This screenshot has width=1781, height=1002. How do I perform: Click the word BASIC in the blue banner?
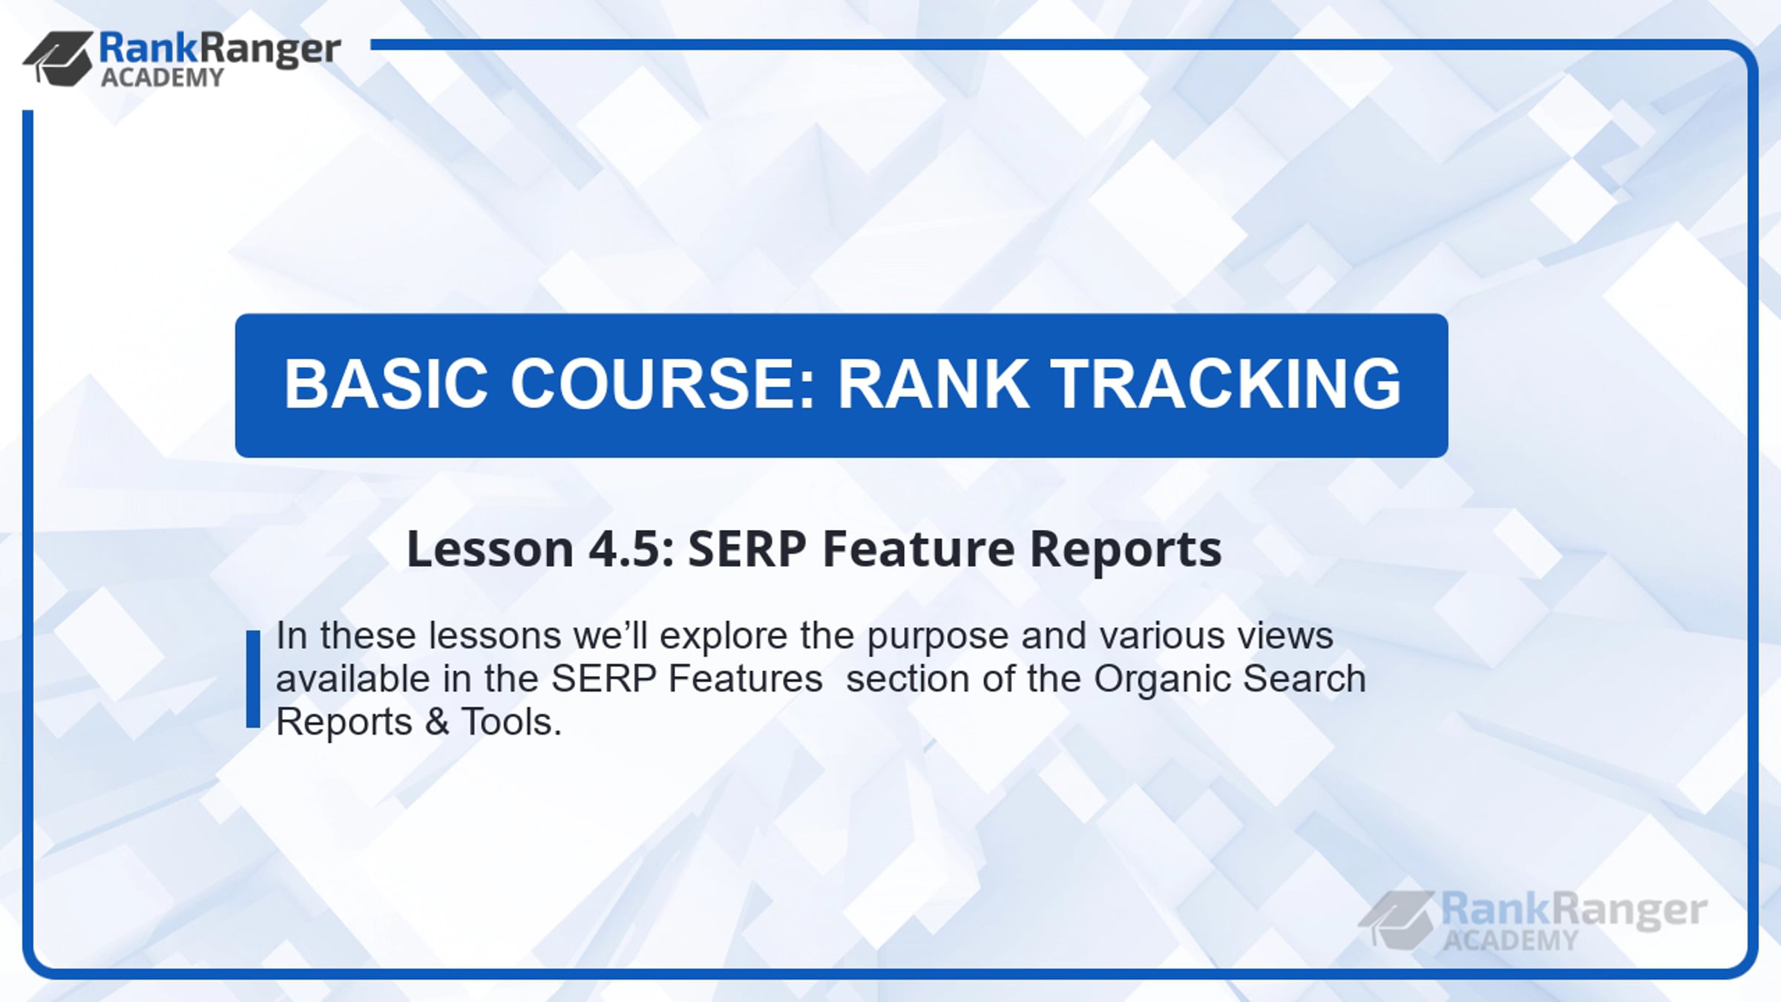[x=386, y=384]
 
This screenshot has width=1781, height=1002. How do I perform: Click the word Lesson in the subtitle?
[x=490, y=549]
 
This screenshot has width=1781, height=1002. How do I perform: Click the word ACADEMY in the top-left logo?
[x=163, y=77]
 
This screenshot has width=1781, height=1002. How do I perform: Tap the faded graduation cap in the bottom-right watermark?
[x=1396, y=920]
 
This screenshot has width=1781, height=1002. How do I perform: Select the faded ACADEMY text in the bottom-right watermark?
[x=1511, y=941]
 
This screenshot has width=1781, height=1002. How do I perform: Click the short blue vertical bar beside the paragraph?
[x=253, y=679]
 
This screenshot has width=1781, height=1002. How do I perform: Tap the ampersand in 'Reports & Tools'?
[x=437, y=722]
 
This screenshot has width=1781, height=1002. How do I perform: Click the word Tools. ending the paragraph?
[x=512, y=721]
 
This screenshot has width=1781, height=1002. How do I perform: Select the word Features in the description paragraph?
[x=746, y=679]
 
